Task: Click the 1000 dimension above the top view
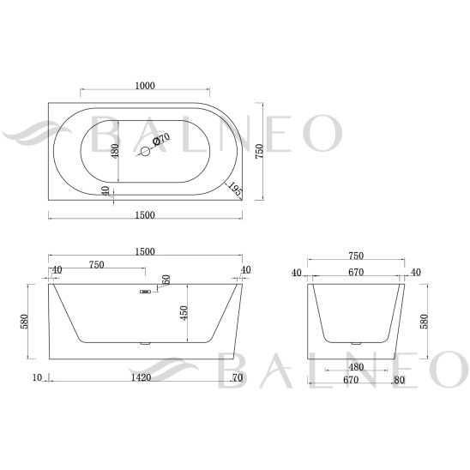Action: point(145,86)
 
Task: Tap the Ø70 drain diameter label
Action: point(161,139)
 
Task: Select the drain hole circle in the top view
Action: point(146,151)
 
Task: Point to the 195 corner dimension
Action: point(235,190)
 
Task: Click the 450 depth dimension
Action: point(184,313)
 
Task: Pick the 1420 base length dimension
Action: point(142,377)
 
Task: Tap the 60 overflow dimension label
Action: point(166,280)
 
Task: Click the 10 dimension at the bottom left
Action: point(37,377)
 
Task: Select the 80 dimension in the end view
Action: point(400,380)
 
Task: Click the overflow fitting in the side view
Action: point(146,292)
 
